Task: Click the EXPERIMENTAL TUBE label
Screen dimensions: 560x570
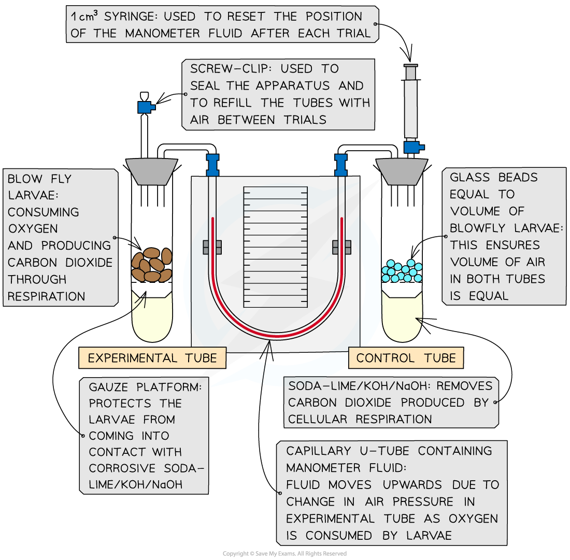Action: [152, 358]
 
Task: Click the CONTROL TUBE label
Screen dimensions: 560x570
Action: [406, 358]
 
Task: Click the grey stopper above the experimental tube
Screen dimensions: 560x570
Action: [152, 171]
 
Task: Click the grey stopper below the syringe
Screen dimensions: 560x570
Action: [402, 171]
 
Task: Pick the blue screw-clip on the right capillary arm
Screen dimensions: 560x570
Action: [341, 164]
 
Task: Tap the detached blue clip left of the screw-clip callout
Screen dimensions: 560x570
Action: [146, 107]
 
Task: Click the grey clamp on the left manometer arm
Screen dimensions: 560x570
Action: [212, 247]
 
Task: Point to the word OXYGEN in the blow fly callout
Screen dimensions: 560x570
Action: [32, 228]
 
